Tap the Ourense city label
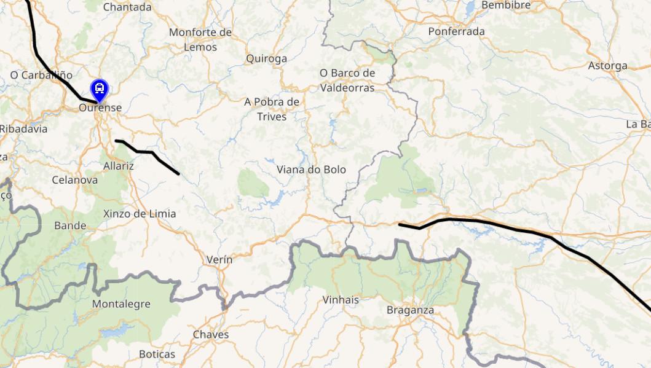[x=100, y=108]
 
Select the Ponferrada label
[x=456, y=31]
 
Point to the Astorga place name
[x=607, y=66]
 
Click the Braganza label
[x=410, y=310]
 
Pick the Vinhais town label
[x=341, y=300]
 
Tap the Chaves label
[x=211, y=335]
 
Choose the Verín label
[x=219, y=260]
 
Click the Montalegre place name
[x=121, y=304]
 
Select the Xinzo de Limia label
[x=140, y=214]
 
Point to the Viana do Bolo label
[x=311, y=170]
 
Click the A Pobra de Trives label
[x=272, y=109]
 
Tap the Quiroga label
[x=266, y=59]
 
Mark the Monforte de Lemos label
[x=200, y=39]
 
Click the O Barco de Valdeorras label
[x=347, y=80]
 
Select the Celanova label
[x=74, y=180]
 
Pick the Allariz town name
[x=119, y=166]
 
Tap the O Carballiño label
[x=41, y=75]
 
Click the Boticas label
[x=157, y=354]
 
